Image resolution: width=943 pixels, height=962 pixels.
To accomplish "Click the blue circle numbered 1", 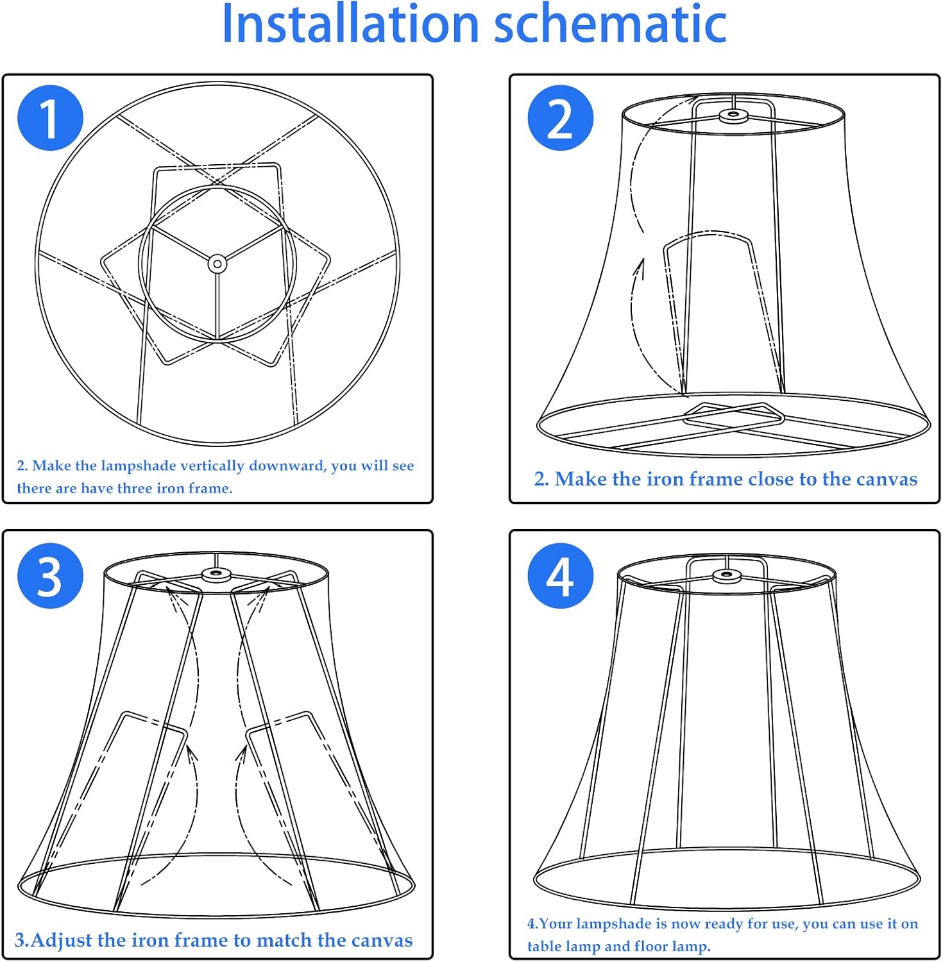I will [50, 118].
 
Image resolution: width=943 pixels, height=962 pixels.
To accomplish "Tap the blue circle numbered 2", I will [560, 118].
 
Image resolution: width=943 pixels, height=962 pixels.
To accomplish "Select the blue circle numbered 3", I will [50, 576].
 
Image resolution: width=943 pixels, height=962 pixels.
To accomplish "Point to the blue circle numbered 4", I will [560, 576].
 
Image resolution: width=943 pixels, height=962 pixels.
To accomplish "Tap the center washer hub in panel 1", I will [217, 264].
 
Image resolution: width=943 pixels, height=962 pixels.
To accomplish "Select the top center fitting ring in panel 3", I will [216, 574].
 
